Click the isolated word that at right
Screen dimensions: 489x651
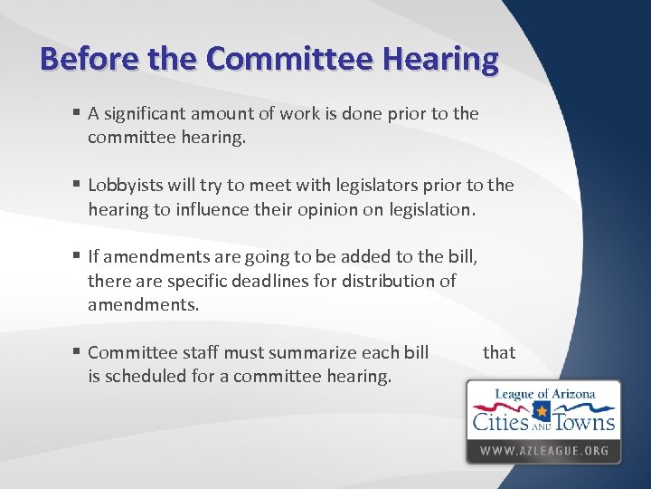pyautogui.click(x=498, y=352)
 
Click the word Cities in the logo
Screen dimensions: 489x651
pyautogui.click(x=500, y=422)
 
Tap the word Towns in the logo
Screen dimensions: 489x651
pyautogui.click(x=585, y=422)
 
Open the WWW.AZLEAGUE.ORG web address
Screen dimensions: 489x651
pyautogui.click(x=543, y=450)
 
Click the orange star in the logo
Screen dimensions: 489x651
pyautogui.click(x=542, y=413)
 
